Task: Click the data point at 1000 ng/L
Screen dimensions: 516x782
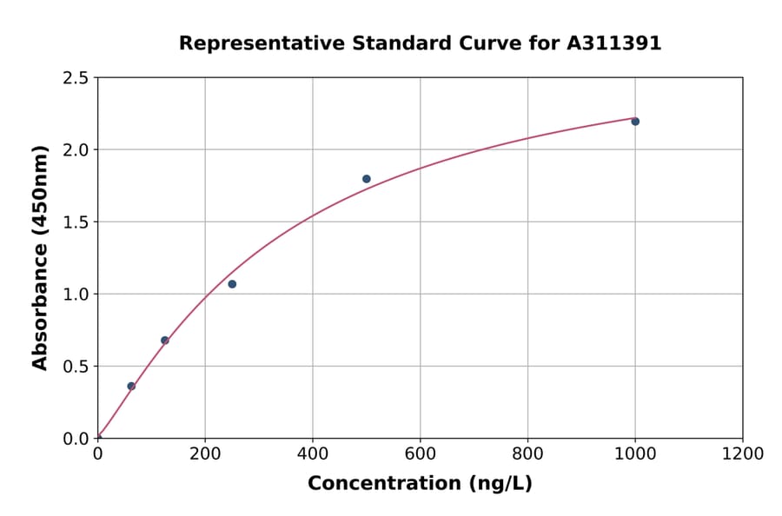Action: tap(635, 122)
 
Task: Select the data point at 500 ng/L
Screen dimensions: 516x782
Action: tap(367, 179)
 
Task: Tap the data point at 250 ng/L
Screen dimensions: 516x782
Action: tap(232, 284)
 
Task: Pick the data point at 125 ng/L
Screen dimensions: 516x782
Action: tap(165, 341)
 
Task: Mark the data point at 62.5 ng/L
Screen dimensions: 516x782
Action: tap(131, 387)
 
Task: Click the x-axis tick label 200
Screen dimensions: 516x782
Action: tap(205, 454)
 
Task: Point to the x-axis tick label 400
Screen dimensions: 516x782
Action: tap(313, 454)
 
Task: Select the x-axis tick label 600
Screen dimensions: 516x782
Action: tap(421, 454)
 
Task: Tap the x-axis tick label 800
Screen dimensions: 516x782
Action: tap(527, 454)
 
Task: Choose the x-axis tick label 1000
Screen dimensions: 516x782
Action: tap(635, 454)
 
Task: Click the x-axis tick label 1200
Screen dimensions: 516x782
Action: tap(743, 454)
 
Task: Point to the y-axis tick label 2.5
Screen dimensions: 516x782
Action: tap(76, 78)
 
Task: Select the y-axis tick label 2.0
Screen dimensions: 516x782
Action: tap(76, 150)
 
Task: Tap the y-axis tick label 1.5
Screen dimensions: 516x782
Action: tap(76, 222)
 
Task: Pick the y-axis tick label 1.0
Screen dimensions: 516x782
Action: tap(76, 294)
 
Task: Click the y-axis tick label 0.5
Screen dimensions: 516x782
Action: tap(76, 367)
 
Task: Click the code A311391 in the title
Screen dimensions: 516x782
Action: tap(614, 43)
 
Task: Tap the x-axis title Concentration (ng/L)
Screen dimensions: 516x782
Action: tap(420, 484)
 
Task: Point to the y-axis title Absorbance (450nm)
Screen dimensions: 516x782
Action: tap(41, 257)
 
